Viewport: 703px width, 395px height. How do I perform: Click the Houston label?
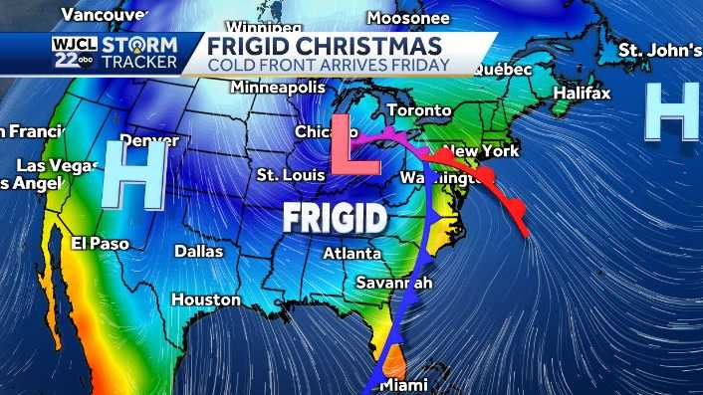point(205,298)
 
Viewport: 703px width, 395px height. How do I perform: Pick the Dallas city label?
point(199,251)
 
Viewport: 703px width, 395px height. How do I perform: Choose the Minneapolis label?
point(279,88)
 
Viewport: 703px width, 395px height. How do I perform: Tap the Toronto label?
point(412,109)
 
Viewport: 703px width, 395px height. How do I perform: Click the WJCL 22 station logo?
point(73,53)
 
